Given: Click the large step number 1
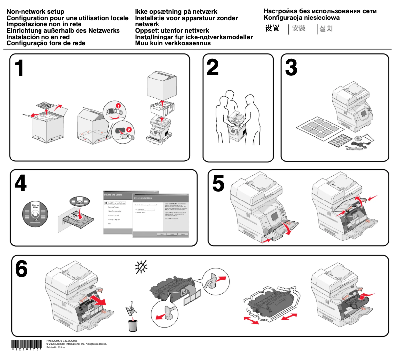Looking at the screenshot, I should [x=19, y=69].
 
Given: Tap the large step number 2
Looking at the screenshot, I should [x=213, y=68].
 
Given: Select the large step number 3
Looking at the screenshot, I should [x=291, y=68].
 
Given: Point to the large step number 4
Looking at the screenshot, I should [x=20, y=184].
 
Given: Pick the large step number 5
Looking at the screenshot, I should [x=218, y=184].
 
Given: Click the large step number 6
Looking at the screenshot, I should [x=21, y=269].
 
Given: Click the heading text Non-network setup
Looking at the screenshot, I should [x=35, y=11].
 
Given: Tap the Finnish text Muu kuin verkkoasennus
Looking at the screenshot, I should [x=173, y=43].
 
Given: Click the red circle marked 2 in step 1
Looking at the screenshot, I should [x=129, y=129].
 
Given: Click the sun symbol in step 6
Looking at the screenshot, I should [x=141, y=268].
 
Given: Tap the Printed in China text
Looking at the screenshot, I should [x=55, y=348].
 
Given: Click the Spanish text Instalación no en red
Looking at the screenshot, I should [x=38, y=37].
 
